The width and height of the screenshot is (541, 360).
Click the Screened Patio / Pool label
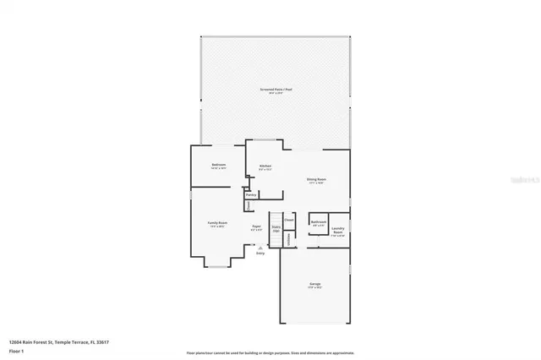[276, 90]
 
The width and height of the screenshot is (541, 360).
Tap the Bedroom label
[219, 166]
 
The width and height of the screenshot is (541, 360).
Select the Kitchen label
[265, 166]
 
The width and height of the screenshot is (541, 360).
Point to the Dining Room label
[316, 180]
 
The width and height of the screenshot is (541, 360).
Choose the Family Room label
[217, 225]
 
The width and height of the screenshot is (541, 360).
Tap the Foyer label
[257, 227]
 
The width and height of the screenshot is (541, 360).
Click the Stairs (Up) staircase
[275, 228]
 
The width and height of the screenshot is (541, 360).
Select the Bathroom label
[318, 224]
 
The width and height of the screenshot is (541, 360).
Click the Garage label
[314, 285]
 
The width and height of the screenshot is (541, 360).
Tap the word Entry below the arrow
[260, 253]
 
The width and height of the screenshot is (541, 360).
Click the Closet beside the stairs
[288, 221]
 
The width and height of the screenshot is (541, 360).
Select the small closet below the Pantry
[249, 206]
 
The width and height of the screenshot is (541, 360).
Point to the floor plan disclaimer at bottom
[270, 352]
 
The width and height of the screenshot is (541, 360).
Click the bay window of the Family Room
[218, 265]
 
